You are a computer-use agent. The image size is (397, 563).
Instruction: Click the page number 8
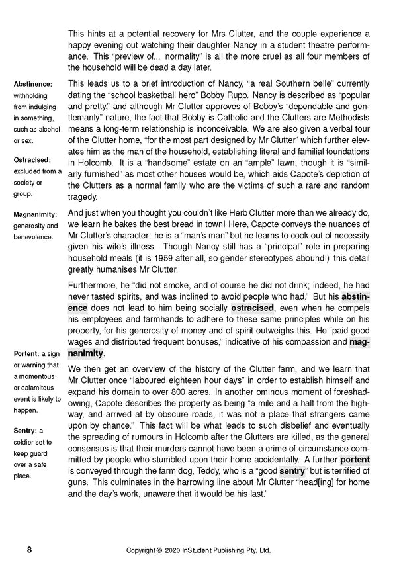[x=29, y=550]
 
